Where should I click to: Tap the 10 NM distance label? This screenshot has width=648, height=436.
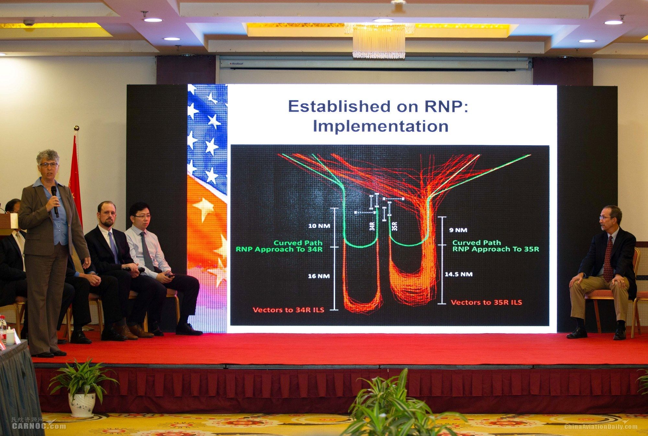[x=319, y=226]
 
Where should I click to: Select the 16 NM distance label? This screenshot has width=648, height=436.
[x=319, y=276]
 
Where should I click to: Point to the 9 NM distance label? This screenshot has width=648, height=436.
[x=458, y=230]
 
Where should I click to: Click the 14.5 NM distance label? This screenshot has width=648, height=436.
[x=458, y=274]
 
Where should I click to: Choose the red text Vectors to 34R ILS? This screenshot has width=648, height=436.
[x=288, y=310]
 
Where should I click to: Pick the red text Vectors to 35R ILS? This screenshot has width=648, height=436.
[x=486, y=302]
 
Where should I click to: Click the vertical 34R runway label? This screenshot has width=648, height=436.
[x=372, y=226]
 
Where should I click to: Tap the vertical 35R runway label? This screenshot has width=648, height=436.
[x=394, y=226]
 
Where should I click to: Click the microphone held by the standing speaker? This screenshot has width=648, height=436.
[x=55, y=201]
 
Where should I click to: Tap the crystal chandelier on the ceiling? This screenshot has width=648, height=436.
[x=379, y=41]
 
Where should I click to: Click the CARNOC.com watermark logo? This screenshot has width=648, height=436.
[x=39, y=423]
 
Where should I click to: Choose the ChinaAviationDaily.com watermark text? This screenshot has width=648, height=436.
[x=601, y=426]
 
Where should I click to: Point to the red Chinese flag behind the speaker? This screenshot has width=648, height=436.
[x=75, y=182]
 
